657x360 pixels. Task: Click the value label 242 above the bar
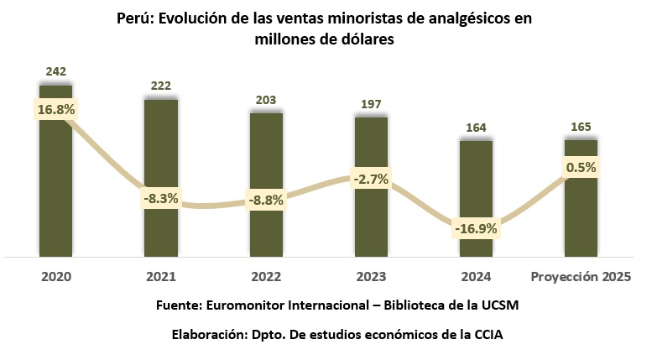pyautogui.click(x=56, y=71)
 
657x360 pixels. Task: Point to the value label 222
pyautogui.click(x=161, y=86)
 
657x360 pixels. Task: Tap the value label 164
pyautogui.click(x=476, y=128)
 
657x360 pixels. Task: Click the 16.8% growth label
pyautogui.click(x=56, y=109)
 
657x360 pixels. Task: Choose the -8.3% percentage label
pyautogui.click(x=161, y=199)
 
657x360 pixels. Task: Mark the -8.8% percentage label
pyautogui.click(x=266, y=201)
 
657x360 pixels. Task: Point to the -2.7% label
pyautogui.click(x=371, y=179)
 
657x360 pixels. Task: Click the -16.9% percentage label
pyautogui.click(x=476, y=228)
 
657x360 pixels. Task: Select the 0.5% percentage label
pyautogui.click(x=581, y=167)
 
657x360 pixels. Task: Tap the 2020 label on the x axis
pyautogui.click(x=56, y=275)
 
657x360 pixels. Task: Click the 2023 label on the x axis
pyautogui.click(x=371, y=275)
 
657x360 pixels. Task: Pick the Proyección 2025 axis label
pyautogui.click(x=581, y=275)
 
